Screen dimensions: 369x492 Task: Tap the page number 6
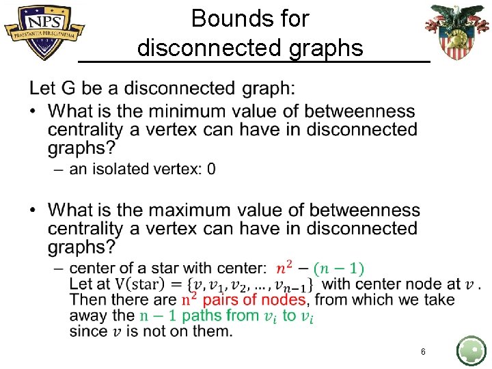coord(423,351)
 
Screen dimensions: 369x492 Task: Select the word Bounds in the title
coord(219,18)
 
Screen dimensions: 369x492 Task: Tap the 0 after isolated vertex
coord(211,168)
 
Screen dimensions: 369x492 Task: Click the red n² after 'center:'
coord(285,269)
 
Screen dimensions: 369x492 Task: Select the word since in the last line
coord(87,331)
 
